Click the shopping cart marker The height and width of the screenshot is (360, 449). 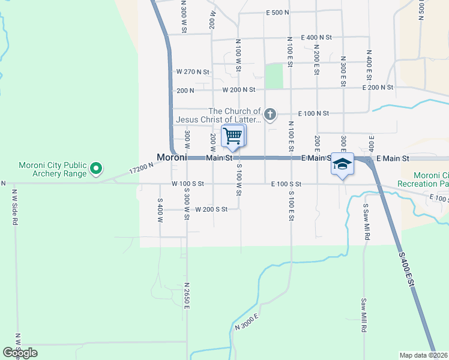[x=233, y=136]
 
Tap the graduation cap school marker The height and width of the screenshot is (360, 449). [x=342, y=164]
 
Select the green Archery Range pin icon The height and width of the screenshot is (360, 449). [x=95, y=170]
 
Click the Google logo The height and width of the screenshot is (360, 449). [x=20, y=353]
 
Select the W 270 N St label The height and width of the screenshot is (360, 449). [x=193, y=71]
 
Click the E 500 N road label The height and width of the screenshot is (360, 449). [x=277, y=12]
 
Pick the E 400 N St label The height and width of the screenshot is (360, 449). [x=316, y=37]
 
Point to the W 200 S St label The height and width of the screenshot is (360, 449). [x=211, y=209]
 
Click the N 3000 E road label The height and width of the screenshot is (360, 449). [x=247, y=322]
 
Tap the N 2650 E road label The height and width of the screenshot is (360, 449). [x=187, y=296]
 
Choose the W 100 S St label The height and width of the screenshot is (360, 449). [x=188, y=184]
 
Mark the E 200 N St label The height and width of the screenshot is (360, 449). [x=378, y=88]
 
